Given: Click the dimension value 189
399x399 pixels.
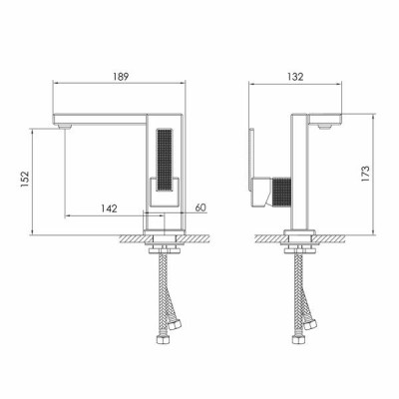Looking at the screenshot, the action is [x=120, y=77].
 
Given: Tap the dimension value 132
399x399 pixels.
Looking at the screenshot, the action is [x=295, y=77].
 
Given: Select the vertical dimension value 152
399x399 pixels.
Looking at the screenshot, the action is [x=25, y=179].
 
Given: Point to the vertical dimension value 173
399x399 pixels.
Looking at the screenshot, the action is [x=365, y=174].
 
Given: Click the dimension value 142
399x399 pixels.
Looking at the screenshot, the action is [x=110, y=208].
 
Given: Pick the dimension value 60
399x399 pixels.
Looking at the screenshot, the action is [x=200, y=207].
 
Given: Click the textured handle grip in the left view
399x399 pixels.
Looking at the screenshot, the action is [x=164, y=161].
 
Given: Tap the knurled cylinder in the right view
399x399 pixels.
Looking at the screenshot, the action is [x=282, y=192].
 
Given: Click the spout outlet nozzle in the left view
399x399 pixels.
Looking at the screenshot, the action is [x=65, y=127].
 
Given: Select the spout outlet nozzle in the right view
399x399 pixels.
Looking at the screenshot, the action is [x=325, y=127].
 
